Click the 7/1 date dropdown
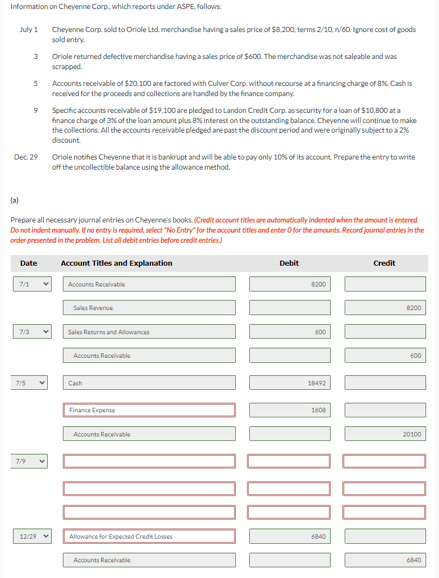(31, 284)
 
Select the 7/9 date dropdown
(31, 461)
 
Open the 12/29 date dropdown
(31, 536)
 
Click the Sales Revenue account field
(149, 308)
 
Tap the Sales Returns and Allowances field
(149, 332)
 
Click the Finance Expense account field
(149, 410)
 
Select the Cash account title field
(149, 383)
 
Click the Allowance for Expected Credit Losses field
(149, 536)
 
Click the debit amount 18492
(289, 383)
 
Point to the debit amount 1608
(289, 410)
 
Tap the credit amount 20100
(385, 434)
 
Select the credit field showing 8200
(385, 308)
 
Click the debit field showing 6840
(289, 536)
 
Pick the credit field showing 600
(385, 356)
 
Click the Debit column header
(289, 263)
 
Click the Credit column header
(385, 263)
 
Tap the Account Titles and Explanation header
(116, 263)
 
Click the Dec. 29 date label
(26, 157)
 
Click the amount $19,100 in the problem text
(163, 111)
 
